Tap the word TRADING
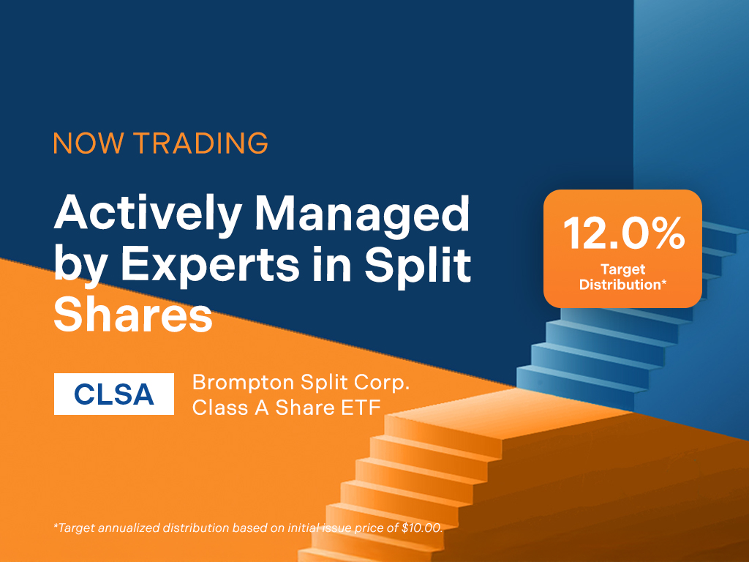[x=200, y=143]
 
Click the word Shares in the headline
[x=133, y=315]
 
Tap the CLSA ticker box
[x=113, y=394]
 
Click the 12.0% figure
[x=624, y=233]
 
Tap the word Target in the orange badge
[x=623, y=270]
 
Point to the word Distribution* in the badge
[x=623, y=285]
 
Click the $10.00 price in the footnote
[x=422, y=528]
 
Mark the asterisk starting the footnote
[x=56, y=525]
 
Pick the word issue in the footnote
[x=335, y=528]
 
